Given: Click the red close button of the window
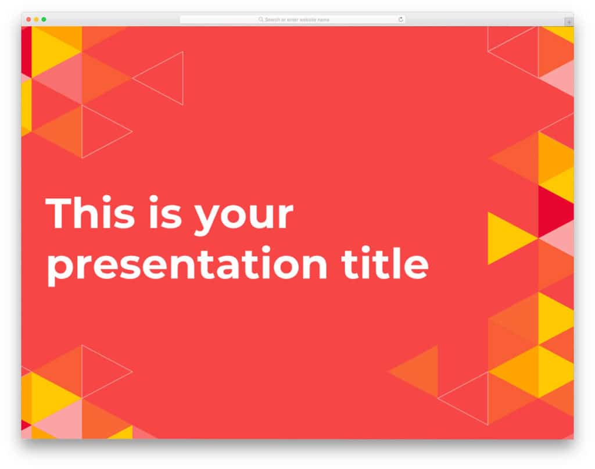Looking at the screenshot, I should [x=28, y=19].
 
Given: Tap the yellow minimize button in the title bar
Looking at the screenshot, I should [x=36, y=19].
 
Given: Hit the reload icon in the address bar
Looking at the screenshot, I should [x=400, y=20].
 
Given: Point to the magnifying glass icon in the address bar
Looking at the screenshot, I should [x=261, y=20].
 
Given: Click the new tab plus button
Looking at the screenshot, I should [x=569, y=22].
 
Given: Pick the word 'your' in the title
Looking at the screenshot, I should [x=243, y=216].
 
